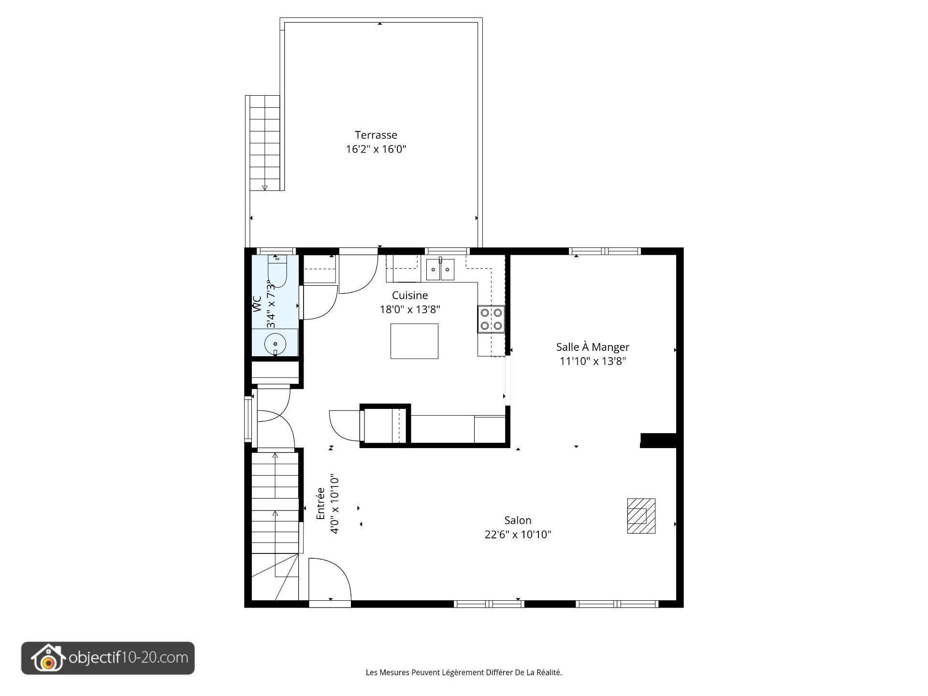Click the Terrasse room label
[x=376, y=135]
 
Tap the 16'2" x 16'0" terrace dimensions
[x=376, y=149]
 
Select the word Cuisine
[x=409, y=295]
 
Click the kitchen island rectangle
[x=414, y=341]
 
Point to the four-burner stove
[x=491, y=319]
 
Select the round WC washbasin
[x=275, y=344]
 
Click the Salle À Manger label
[x=593, y=347]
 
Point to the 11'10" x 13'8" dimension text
[x=593, y=361]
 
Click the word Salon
[x=518, y=521]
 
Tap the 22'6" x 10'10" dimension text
[x=518, y=535]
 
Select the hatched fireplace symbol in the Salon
[x=641, y=516]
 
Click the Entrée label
[x=320, y=504]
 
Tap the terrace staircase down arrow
[x=264, y=188]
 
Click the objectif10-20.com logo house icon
[x=48, y=658]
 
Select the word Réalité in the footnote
[x=550, y=672]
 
